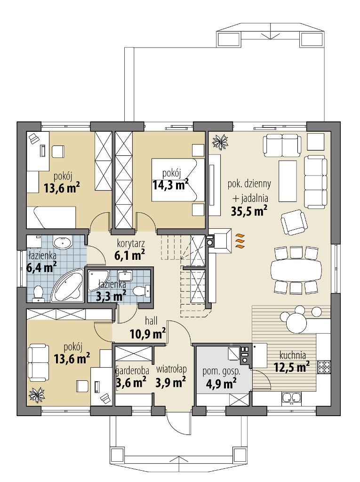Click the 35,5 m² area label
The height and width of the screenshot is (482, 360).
tap(249, 211)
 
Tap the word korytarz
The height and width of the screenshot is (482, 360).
tap(131, 243)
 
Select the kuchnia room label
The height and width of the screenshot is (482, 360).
tap(292, 355)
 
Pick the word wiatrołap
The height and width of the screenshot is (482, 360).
tap(171, 369)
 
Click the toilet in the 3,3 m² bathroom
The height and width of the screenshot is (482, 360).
tap(142, 290)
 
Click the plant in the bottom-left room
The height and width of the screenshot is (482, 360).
tap(37, 395)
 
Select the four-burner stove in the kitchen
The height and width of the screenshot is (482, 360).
tap(324, 366)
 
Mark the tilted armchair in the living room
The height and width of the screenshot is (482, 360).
tap(294, 222)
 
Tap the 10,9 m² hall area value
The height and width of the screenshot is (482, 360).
tap(148, 334)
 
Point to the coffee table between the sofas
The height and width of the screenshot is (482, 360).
tap(288, 181)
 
